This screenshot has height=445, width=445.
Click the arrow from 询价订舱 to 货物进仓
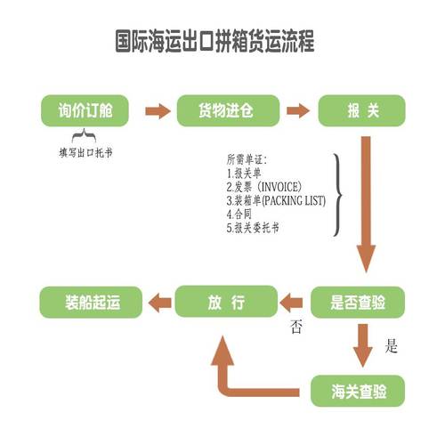tap(157, 111)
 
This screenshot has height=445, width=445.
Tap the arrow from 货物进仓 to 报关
tap(296, 111)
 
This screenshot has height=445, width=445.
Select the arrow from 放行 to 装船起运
tap(157, 301)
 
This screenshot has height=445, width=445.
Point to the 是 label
tap(391, 346)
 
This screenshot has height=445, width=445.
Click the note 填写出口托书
tap(85, 152)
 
